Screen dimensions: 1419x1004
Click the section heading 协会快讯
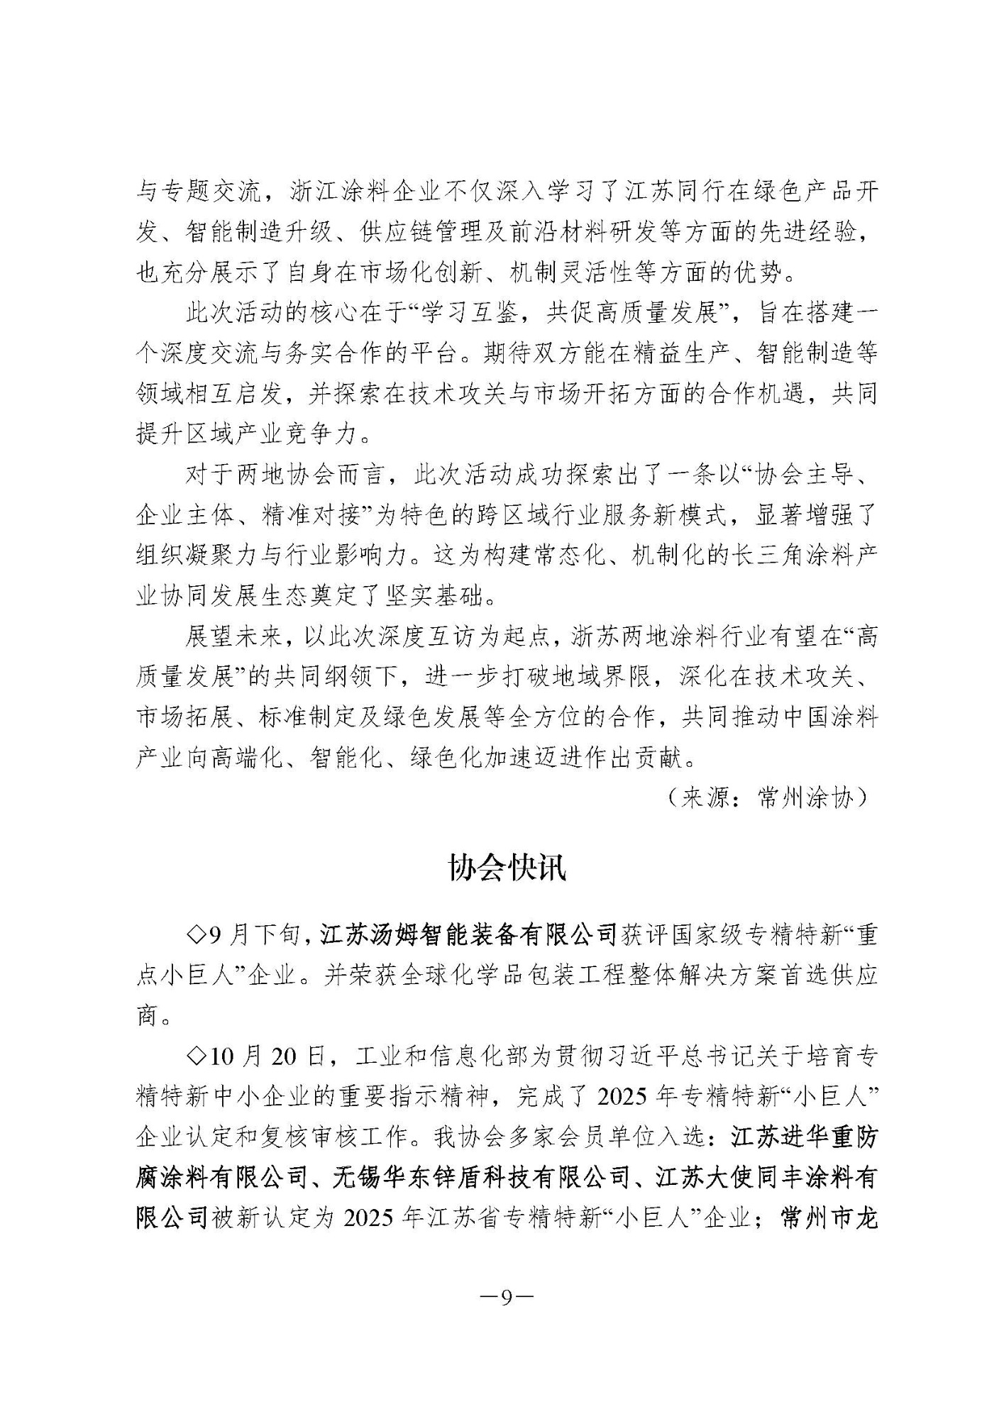pos(507,867)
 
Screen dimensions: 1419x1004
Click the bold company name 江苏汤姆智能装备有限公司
pos(468,936)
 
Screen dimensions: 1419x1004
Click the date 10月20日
pos(267,1056)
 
